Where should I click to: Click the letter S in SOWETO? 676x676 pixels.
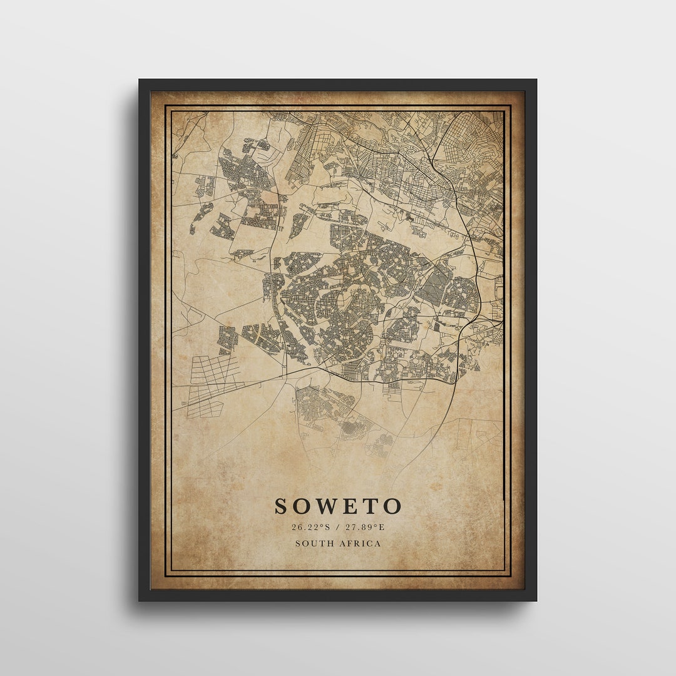click(282, 506)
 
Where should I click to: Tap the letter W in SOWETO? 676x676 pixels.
click(325, 506)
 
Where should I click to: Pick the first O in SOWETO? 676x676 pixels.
click(302, 506)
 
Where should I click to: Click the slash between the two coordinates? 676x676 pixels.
click(337, 527)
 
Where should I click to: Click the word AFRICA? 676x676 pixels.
click(360, 543)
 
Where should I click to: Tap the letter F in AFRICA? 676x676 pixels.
click(351, 543)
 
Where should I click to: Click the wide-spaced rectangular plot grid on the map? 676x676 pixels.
click(210, 386)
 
